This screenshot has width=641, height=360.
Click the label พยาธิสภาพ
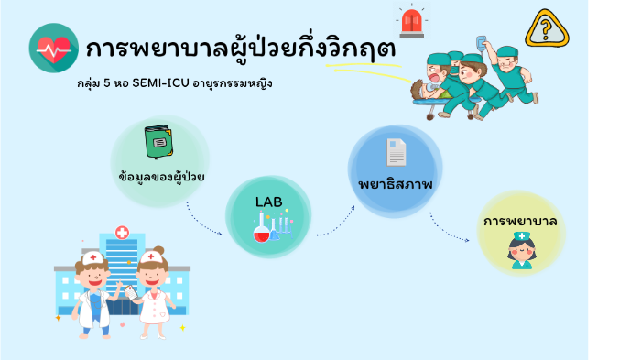pos(396,184)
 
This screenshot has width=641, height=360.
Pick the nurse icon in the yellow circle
pos(521,249)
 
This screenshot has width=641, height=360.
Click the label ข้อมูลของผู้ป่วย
pos(161,175)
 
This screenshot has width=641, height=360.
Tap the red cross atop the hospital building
pos(120,235)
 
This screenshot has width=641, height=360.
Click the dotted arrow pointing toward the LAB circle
pos(203,220)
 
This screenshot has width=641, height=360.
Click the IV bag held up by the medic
pos(479,42)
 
